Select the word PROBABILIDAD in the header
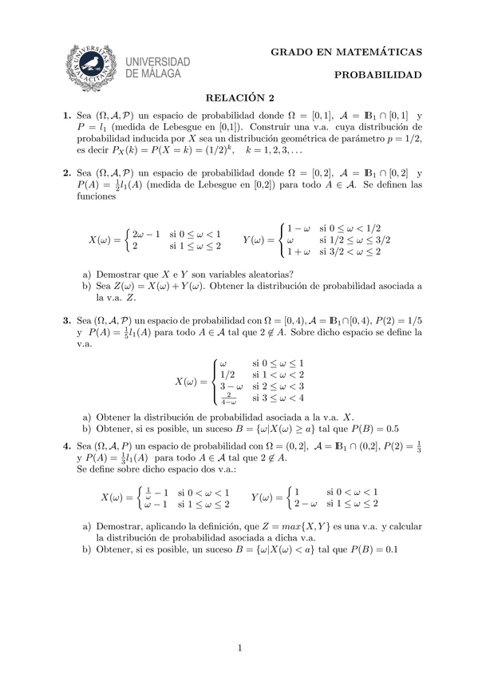point(377,76)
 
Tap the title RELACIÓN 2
point(239,99)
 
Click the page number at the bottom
point(239,648)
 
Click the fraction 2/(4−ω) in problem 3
point(228,397)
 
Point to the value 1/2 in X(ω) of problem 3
point(227,374)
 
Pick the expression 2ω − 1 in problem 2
point(147,234)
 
